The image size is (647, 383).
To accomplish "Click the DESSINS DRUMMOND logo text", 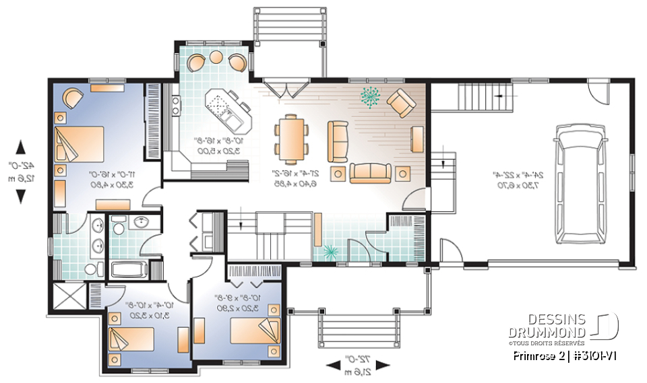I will pos(547,325).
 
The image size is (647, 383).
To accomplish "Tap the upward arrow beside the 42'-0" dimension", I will pos(20,146).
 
